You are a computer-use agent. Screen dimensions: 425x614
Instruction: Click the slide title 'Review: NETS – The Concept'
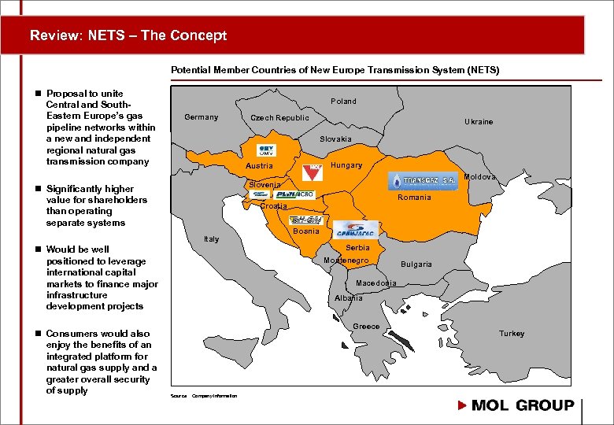[x=128, y=35]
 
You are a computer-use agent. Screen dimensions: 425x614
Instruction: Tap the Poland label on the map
[x=343, y=102]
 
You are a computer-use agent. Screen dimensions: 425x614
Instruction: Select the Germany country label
[x=201, y=117]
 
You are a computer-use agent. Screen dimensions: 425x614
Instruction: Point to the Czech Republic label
[x=279, y=118]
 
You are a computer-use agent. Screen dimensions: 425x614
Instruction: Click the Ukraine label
[x=479, y=122]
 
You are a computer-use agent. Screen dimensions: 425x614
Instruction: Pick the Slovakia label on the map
[x=335, y=139]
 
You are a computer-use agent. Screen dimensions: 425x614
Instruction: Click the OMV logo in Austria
[x=267, y=150]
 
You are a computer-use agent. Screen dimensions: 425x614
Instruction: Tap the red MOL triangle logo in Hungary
[x=313, y=171]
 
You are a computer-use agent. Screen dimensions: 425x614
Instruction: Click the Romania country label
[x=414, y=198]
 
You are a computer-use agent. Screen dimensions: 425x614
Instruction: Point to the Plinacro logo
[x=295, y=194]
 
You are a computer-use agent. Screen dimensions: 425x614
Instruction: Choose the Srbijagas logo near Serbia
[x=357, y=230]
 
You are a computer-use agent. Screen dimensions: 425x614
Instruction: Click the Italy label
[x=211, y=239]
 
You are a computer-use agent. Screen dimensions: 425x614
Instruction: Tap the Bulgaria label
[x=416, y=264]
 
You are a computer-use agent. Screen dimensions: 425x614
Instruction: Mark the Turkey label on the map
[x=511, y=334]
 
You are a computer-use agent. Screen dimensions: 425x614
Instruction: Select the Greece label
[x=366, y=327]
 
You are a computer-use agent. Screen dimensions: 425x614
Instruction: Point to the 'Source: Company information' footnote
[x=204, y=396]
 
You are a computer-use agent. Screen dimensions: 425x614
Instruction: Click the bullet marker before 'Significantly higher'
[x=38, y=189]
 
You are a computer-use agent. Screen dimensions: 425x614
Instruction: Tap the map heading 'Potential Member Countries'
[x=335, y=70]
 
